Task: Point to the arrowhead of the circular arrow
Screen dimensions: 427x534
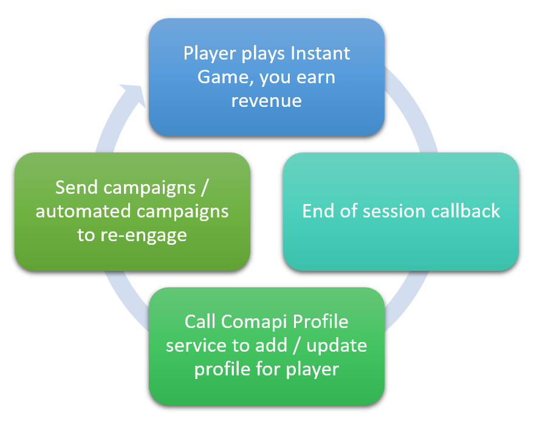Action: tap(135, 97)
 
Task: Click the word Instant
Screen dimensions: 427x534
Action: tap(320, 53)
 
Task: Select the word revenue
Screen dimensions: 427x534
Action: tap(267, 100)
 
